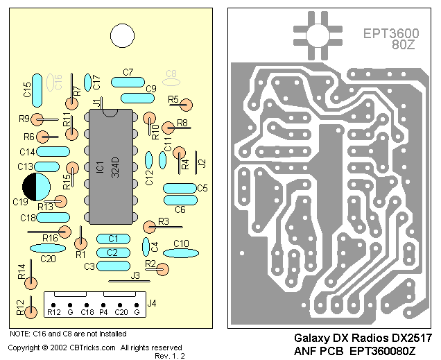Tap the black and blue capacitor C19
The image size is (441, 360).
pos(35,187)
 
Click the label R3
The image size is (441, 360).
pos(164,221)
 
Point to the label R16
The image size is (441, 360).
pos(50,238)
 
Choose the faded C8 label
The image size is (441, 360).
pos(171,73)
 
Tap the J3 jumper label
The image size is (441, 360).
pos(135,275)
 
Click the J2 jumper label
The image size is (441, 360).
pos(202,164)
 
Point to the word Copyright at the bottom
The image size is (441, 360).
pos(27,348)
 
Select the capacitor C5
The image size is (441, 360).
pos(179,188)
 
